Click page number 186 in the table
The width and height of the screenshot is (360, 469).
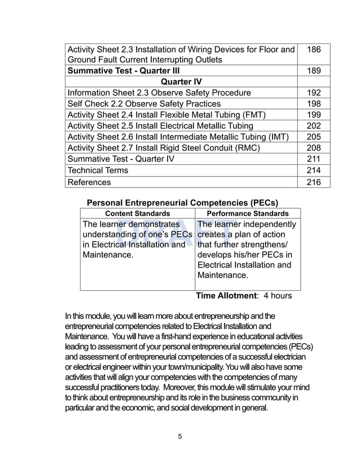pyautogui.click(x=314, y=50)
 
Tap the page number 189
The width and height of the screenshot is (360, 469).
pyautogui.click(x=314, y=71)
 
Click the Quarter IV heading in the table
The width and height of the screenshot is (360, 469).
pyautogui.click(x=181, y=82)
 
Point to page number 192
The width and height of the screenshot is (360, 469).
pyautogui.click(x=314, y=93)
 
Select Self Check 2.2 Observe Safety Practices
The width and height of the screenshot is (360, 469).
pyautogui.click(x=144, y=104)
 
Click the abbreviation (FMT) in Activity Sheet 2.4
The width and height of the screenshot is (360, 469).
pyautogui.click(x=254, y=115)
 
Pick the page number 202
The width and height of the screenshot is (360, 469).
pyautogui.click(x=314, y=126)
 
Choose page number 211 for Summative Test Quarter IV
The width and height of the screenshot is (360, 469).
pyautogui.click(x=314, y=159)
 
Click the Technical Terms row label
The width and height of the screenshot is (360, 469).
pyautogui.click(x=98, y=170)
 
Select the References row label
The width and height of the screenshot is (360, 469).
pyautogui.click(x=89, y=182)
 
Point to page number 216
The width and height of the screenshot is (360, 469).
pyautogui.click(x=314, y=182)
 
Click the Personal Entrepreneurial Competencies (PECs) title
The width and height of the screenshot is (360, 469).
pyautogui.click(x=182, y=203)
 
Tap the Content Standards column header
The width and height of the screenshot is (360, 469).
pyautogui.click(x=138, y=213)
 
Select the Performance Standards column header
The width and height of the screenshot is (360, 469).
pyautogui.click(x=248, y=213)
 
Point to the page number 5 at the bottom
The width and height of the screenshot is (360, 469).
pyautogui.click(x=180, y=436)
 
